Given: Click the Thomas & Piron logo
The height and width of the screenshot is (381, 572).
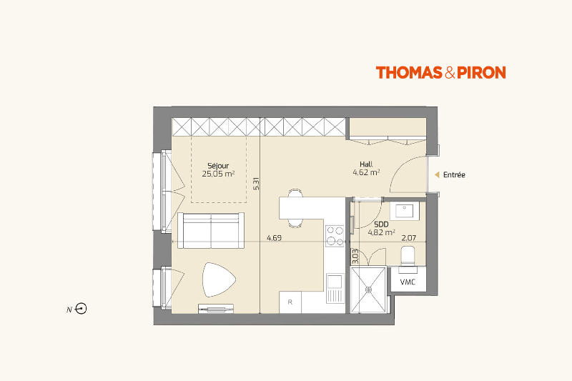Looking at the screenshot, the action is click(x=440, y=72).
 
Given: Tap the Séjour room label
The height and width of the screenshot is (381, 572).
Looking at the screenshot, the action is click(x=218, y=167).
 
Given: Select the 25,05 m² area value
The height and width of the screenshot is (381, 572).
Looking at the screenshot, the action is click(x=218, y=174).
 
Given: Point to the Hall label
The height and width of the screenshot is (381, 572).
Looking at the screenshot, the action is click(x=366, y=164).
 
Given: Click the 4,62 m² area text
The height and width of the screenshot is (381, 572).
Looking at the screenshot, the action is click(x=366, y=172).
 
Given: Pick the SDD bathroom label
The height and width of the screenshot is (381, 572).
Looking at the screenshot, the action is click(x=381, y=224).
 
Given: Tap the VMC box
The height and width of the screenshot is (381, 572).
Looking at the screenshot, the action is click(x=408, y=282).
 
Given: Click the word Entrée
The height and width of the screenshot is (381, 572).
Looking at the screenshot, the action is click(x=454, y=175).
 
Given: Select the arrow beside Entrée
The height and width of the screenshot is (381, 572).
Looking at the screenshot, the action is click(x=437, y=175).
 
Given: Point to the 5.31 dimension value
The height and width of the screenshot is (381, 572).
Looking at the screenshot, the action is click(x=256, y=184).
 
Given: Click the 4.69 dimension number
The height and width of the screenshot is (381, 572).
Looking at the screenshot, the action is click(x=274, y=238).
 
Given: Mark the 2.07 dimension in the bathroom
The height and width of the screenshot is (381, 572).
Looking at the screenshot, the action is click(x=408, y=238).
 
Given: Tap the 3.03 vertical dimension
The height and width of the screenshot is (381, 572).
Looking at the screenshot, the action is click(x=355, y=257).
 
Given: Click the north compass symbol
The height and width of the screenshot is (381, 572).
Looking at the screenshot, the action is click(x=81, y=310).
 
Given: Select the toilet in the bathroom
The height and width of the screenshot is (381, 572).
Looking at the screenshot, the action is click(x=408, y=255).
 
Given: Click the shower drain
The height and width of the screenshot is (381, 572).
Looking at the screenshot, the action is click(x=368, y=290).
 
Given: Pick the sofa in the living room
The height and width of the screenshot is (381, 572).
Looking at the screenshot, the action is click(x=211, y=230).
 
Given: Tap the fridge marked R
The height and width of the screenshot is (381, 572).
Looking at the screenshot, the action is click(x=290, y=302).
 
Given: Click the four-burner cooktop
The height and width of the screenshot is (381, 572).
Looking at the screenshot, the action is click(x=335, y=235).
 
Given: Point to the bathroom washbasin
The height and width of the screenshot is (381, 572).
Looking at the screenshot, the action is click(x=405, y=211).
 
